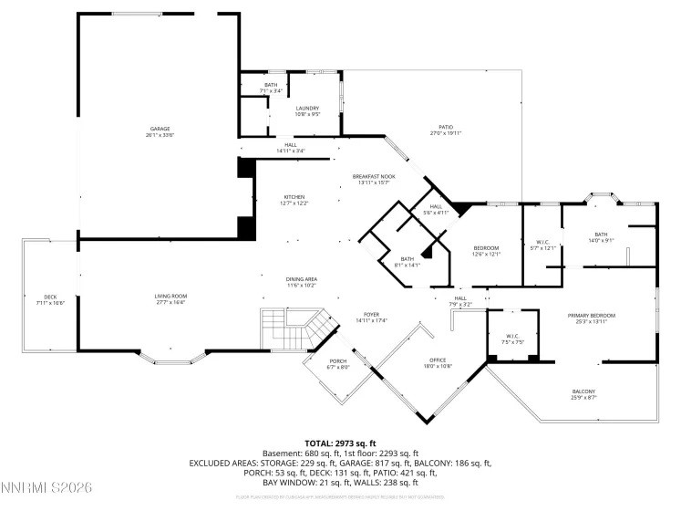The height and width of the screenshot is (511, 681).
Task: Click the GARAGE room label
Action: pos(160,129)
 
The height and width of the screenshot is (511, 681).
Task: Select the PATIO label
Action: pos(446,127)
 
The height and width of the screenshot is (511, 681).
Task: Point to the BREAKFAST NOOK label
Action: pos(375,176)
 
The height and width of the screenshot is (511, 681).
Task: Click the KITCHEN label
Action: pos(294,197)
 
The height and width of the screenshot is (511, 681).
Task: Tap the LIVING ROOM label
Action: pos(170,296)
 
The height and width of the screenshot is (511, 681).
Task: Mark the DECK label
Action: pos(51,297)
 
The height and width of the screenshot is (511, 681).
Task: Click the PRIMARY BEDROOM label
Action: pos(591,316)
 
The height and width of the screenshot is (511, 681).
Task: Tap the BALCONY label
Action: pos(583,391)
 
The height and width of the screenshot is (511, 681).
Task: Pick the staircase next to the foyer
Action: pos(288,329)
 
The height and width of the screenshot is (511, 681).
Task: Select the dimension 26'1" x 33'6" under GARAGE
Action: pos(160,134)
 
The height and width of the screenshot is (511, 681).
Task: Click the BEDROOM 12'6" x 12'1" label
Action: pos(486,251)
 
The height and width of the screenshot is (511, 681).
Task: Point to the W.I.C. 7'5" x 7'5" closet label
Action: pos(511,339)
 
